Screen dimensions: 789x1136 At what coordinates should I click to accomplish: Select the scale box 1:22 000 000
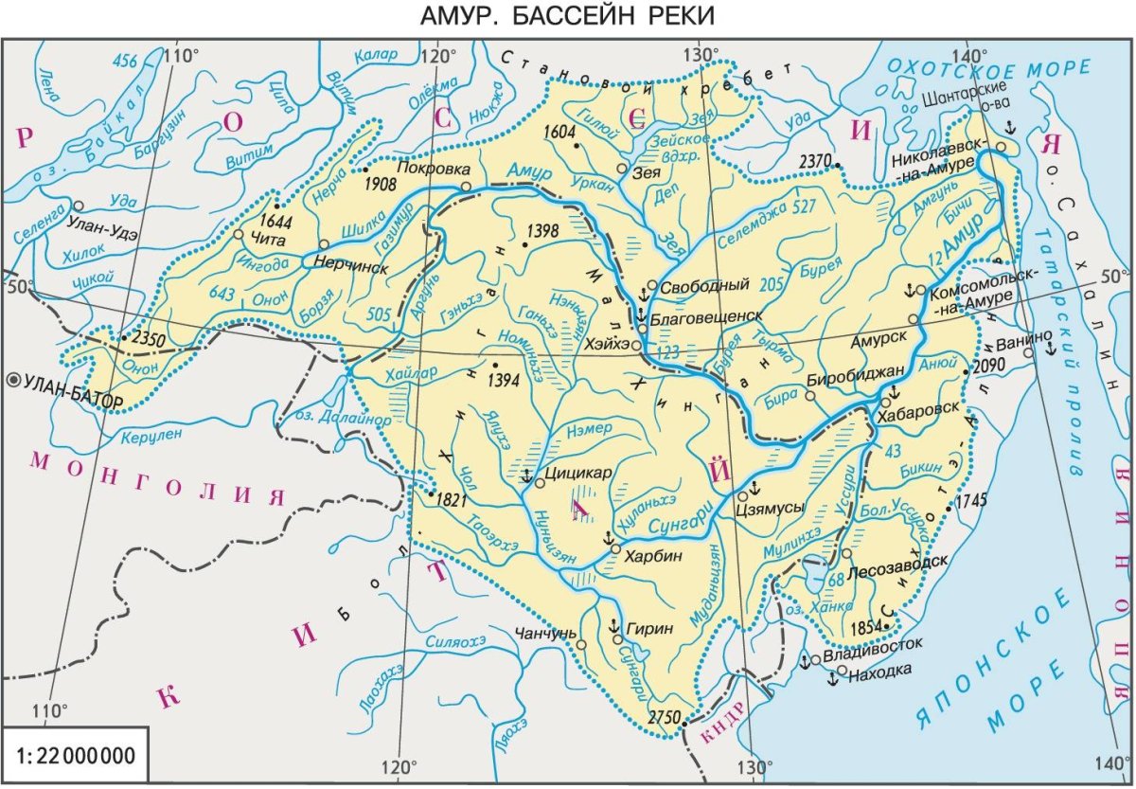click(76, 757)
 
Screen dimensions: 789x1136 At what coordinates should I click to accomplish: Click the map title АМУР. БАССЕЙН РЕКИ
click(567, 16)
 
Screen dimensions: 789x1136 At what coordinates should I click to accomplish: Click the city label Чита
click(265, 241)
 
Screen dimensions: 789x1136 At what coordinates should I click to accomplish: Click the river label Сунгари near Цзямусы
click(684, 515)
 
